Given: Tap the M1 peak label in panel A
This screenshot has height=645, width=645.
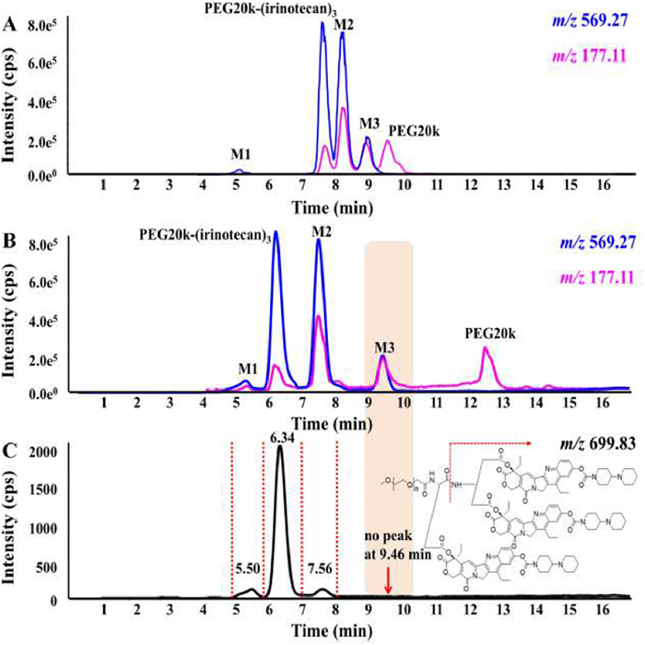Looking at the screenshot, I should [238, 154].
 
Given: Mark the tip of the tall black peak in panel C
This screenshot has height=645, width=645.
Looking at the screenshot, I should [280, 446].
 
